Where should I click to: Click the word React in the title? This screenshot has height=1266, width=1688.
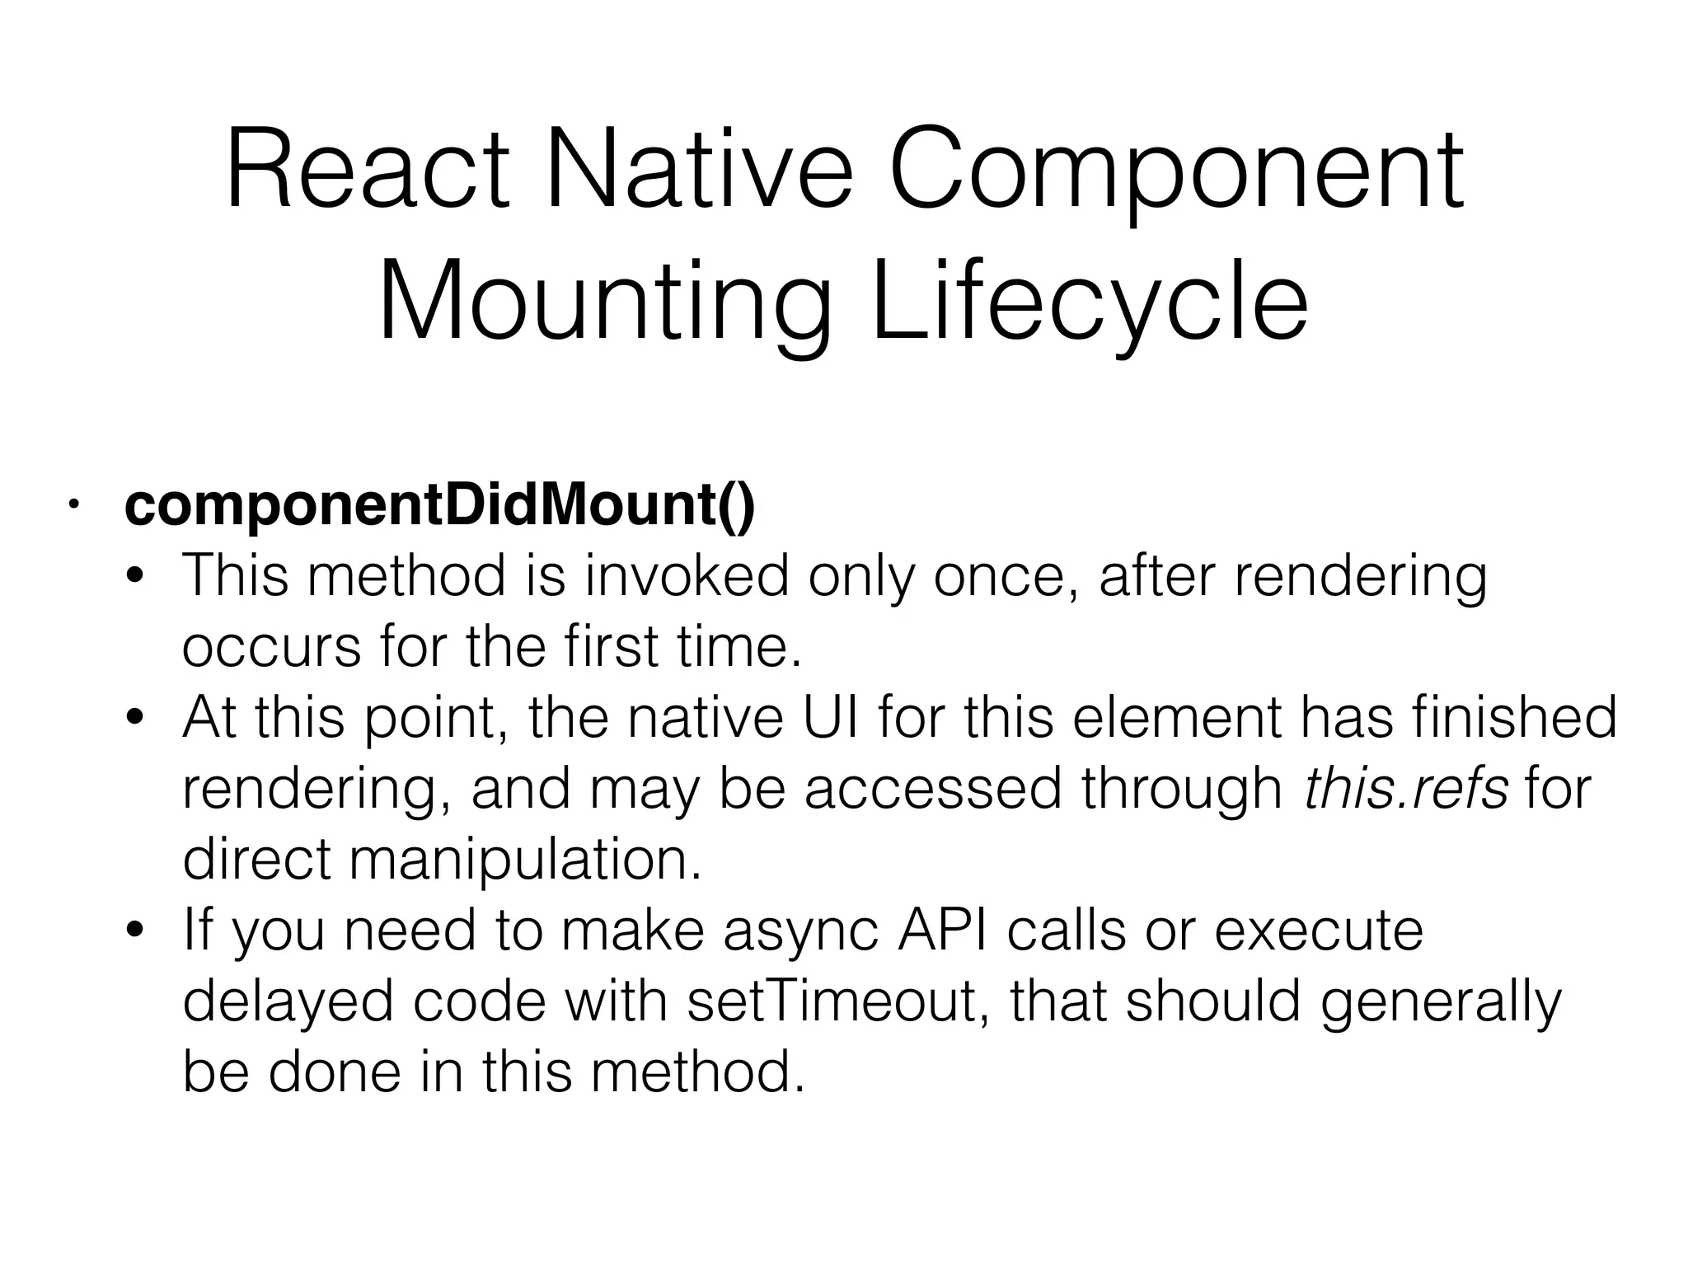(368, 171)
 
